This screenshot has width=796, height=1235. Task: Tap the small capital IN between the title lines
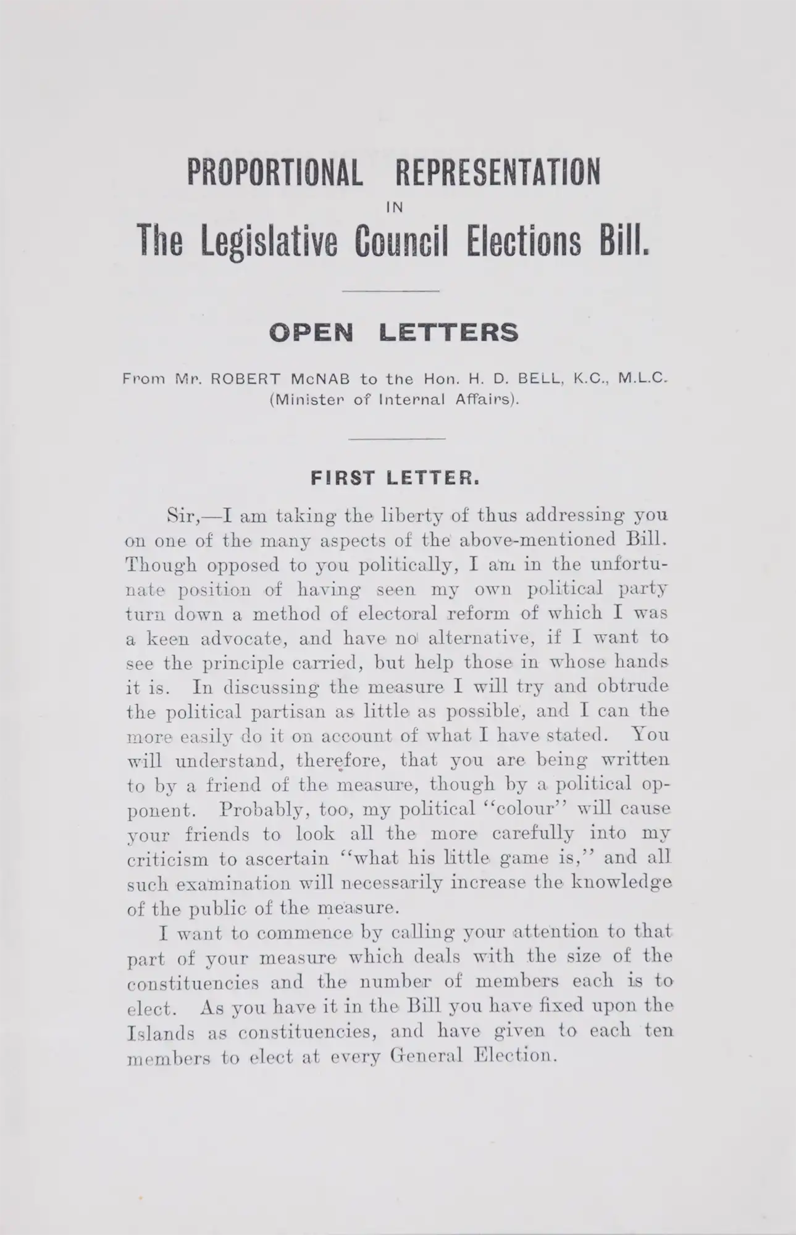coord(393,208)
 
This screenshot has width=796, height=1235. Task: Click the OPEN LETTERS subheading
coord(393,333)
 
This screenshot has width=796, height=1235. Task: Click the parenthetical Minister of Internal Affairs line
coord(393,400)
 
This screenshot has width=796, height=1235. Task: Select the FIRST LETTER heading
coord(395,478)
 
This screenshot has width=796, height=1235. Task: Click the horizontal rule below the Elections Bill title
coord(390,291)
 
